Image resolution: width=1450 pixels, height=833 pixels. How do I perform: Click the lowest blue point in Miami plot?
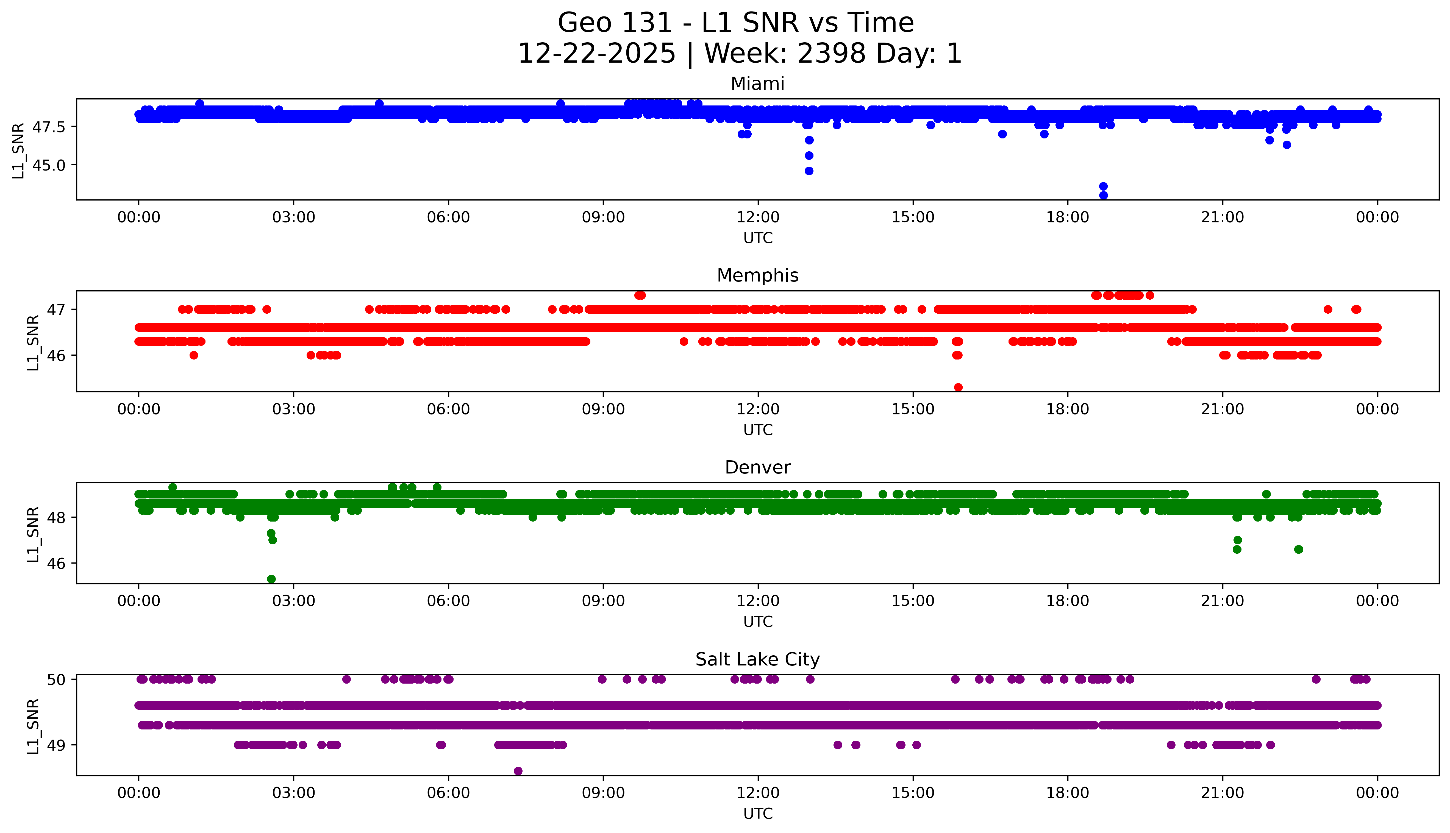pyautogui.click(x=1103, y=195)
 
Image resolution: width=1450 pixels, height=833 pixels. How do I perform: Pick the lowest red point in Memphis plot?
pyautogui.click(x=959, y=387)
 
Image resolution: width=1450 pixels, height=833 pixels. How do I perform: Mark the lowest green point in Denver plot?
pyautogui.click(x=271, y=579)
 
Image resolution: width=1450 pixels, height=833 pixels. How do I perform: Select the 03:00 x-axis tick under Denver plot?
pyautogui.click(x=294, y=601)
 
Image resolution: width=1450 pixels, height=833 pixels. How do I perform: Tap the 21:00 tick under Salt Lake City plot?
pyautogui.click(x=1222, y=793)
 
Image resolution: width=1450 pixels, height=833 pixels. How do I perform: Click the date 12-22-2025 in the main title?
pyautogui.click(x=597, y=54)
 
